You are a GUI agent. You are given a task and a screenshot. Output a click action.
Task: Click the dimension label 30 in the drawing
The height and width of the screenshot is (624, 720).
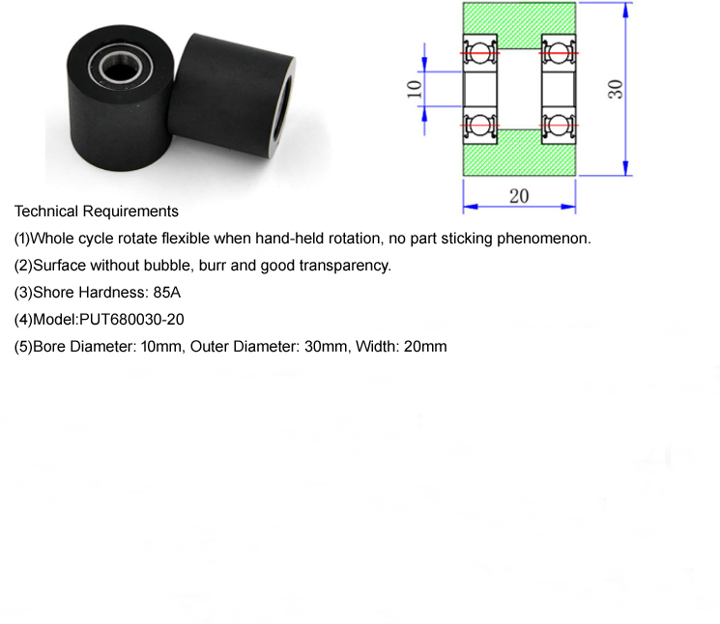coord(616,89)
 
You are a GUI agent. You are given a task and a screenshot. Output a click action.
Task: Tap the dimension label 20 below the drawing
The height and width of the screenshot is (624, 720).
coord(519,196)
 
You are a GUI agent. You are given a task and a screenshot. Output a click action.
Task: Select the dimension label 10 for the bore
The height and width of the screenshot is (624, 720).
coord(415,89)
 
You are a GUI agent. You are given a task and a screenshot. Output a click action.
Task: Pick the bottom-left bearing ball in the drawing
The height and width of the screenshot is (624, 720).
coord(479,126)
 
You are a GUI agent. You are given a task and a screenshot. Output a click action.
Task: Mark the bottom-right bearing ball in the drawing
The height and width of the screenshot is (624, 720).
coord(558,126)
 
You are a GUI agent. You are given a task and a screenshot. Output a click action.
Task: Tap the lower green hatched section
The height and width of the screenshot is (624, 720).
coord(519,156)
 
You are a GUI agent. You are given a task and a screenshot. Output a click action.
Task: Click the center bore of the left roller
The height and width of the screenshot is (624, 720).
coord(120,69)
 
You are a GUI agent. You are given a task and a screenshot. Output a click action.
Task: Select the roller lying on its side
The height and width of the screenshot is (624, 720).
coord(232,95)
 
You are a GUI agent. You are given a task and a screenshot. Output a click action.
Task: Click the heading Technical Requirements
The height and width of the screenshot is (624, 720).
coord(97,211)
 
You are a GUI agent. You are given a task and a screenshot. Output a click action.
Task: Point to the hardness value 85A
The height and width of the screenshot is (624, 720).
coord(166,293)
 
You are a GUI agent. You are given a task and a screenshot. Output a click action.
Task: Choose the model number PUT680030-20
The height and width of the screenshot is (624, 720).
coord(131,320)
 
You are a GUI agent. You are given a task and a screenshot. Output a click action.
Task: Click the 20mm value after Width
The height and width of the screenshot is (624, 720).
coord(425,347)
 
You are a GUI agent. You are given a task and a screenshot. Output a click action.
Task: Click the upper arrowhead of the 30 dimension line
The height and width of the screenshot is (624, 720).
coord(625,10)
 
